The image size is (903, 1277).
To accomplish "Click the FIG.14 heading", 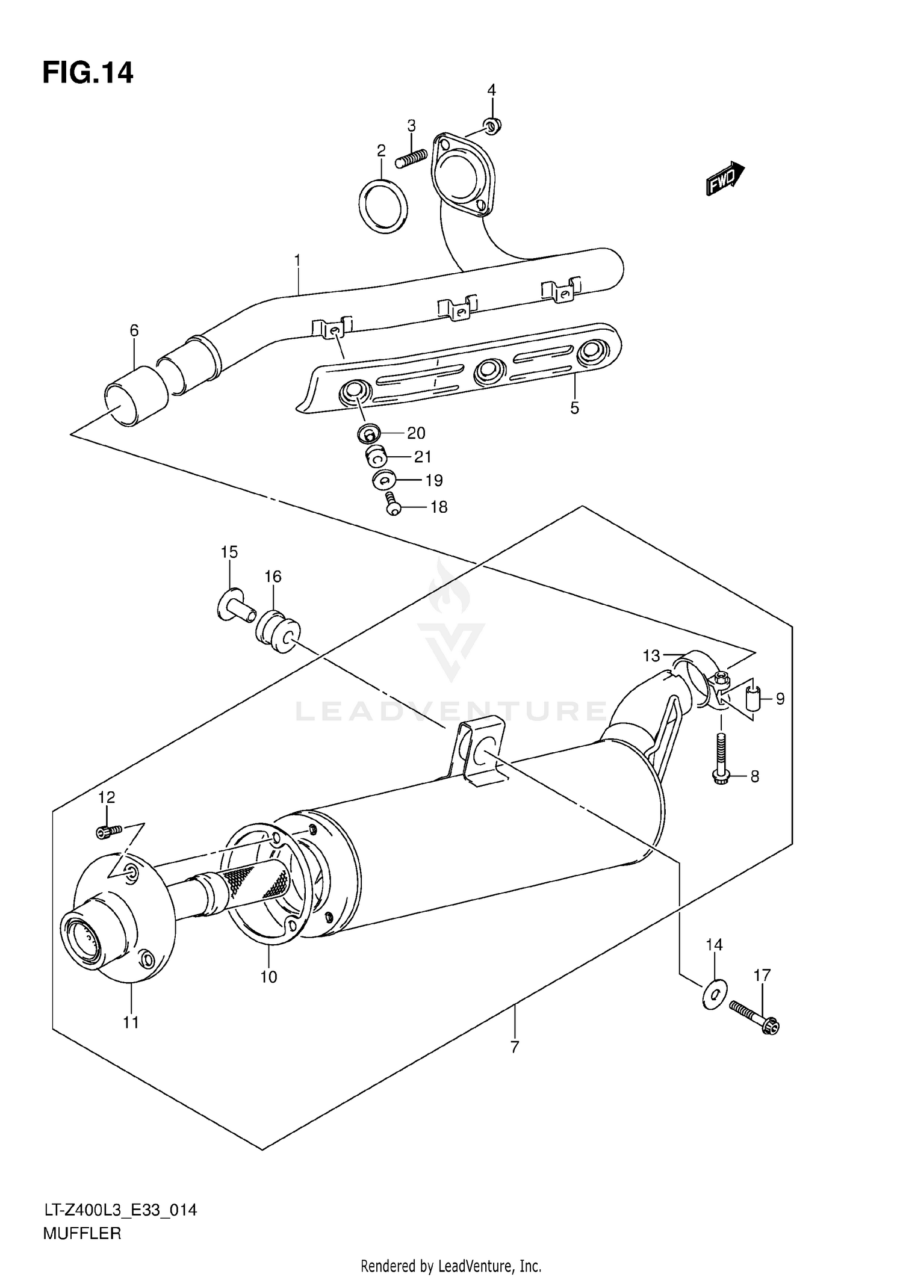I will pos(87,73).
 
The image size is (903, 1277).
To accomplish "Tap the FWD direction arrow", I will pos(725,179).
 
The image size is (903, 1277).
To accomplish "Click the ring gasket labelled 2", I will pos(383,206).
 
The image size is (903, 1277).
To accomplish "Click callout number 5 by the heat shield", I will pos(574,408).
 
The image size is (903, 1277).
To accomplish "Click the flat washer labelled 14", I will pos(714,994).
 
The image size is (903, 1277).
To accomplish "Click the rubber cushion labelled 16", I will pos(277,635).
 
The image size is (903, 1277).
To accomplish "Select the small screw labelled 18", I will pos(393,503).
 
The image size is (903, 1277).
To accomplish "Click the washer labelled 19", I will pos(383,480).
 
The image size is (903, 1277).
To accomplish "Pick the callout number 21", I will pos(423,457).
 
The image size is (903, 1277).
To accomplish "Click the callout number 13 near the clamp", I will pos(651,656).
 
